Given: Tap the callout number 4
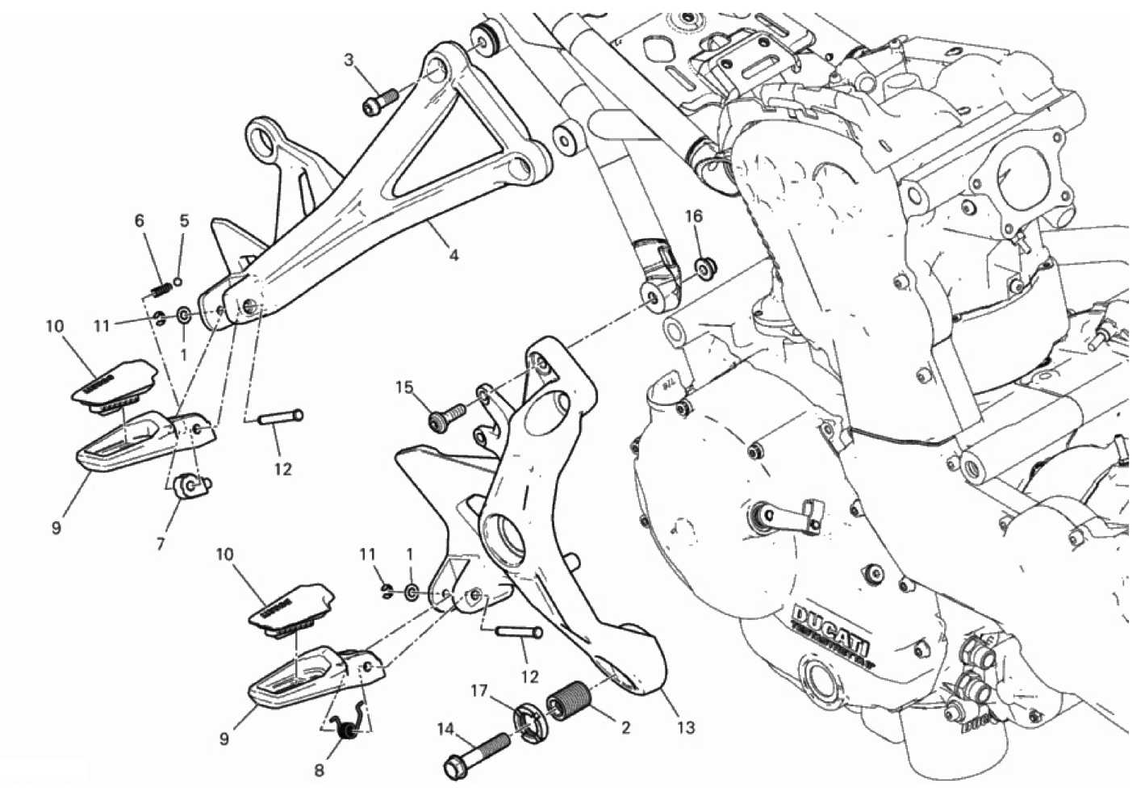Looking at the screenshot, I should point(453,256).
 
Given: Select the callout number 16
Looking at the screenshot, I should point(695,216).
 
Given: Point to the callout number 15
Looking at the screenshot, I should point(403,388).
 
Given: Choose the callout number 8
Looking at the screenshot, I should point(319,771).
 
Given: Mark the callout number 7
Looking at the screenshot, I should point(161,545).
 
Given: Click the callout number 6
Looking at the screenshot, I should point(139,220).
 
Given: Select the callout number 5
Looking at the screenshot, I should point(183,220).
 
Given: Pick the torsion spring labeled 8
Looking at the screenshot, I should point(348,729).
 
